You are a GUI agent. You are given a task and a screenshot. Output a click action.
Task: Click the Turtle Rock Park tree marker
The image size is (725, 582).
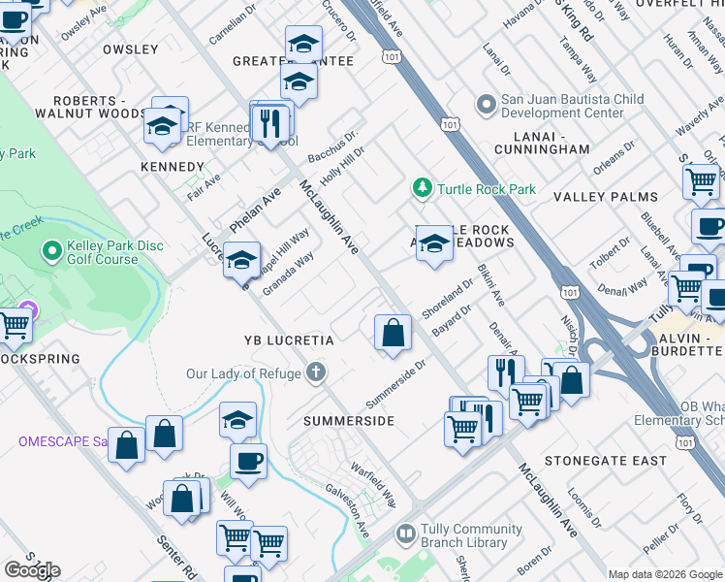[x=422, y=188]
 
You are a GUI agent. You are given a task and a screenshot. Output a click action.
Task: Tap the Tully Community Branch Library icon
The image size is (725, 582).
[x=405, y=533]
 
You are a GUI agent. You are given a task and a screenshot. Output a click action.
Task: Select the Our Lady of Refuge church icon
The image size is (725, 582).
[x=315, y=372]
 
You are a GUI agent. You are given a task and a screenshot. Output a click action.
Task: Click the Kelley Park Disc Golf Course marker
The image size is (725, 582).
[x=51, y=252]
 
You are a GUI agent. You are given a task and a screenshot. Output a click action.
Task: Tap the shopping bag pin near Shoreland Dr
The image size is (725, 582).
[x=392, y=332]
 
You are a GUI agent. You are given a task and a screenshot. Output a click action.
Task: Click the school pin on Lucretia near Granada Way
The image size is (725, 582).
[x=240, y=260]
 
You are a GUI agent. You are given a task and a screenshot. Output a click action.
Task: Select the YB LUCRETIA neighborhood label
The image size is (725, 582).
[x=289, y=340]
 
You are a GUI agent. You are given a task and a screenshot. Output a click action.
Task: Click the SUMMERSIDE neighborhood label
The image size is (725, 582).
[x=349, y=421]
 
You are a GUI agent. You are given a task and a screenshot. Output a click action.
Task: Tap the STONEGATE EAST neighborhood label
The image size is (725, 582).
[x=606, y=460]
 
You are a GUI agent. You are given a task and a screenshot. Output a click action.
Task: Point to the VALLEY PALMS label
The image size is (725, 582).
[x=606, y=197]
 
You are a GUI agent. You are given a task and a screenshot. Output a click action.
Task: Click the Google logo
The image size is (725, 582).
[x=32, y=569]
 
